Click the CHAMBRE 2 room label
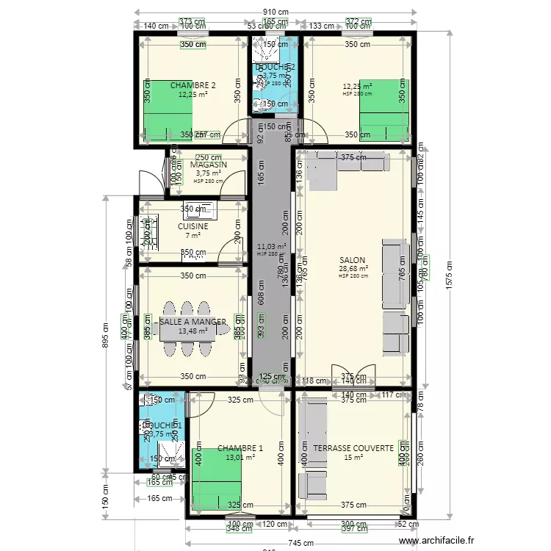pos(192,85)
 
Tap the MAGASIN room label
pos(208,165)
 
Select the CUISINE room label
pos(192,226)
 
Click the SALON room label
pos(352,260)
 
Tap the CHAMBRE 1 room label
pos(240,448)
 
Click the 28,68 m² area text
pos(353,269)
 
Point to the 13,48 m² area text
pos(192,331)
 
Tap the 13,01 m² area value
pos(240,457)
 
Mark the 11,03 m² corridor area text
pos(272,247)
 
